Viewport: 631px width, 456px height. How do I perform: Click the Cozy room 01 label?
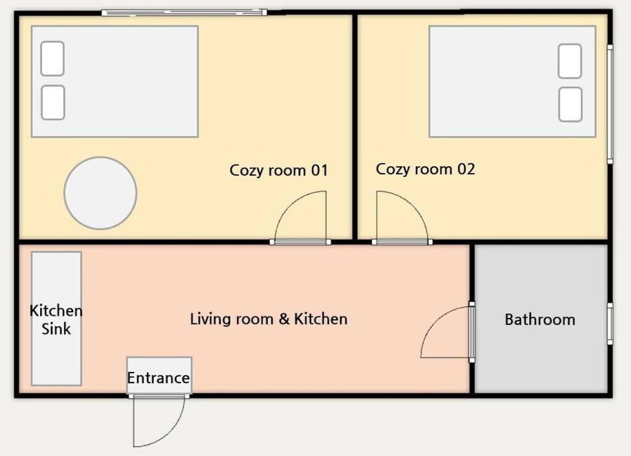pyautogui.click(x=278, y=171)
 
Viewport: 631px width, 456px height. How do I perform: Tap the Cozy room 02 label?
pyautogui.click(x=425, y=169)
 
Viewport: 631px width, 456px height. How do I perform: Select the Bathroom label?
pyautogui.click(x=540, y=320)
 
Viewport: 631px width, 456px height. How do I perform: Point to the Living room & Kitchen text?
pyautogui.click(x=269, y=318)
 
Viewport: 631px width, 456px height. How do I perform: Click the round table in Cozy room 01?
pyautogui.click(x=101, y=193)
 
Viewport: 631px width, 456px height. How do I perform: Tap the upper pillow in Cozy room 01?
pyautogui.click(x=53, y=58)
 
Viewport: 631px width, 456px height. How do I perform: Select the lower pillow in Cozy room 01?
pyautogui.click(x=53, y=103)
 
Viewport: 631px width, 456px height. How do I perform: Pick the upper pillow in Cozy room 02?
pyautogui.click(x=570, y=61)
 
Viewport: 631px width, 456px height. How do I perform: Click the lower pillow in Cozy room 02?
pyautogui.click(x=570, y=104)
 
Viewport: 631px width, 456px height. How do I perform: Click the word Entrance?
pyautogui.click(x=158, y=379)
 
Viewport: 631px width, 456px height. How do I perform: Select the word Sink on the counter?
pyautogui.click(x=56, y=329)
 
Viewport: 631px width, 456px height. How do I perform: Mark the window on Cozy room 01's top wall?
pyautogui.click(x=184, y=13)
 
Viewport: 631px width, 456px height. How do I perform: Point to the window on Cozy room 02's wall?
pyautogui.click(x=610, y=104)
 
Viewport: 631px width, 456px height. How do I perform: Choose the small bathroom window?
pyautogui.click(x=610, y=324)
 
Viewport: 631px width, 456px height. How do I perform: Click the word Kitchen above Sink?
pyautogui.click(x=56, y=310)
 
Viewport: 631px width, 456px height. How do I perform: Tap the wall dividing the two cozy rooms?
pyautogui.click(x=355, y=127)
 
